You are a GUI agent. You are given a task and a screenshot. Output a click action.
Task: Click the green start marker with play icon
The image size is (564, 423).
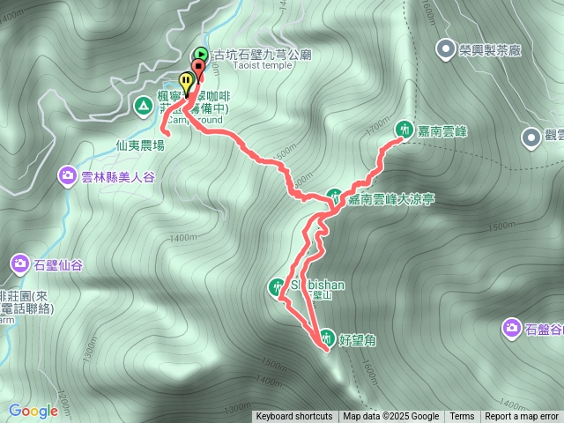[201, 55]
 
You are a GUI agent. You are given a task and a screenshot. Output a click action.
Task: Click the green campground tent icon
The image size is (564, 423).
[143, 107]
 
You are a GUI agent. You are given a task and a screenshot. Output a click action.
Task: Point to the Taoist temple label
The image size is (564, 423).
[233, 65]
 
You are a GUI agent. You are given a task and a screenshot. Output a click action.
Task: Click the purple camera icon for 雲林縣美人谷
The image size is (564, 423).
[68, 176]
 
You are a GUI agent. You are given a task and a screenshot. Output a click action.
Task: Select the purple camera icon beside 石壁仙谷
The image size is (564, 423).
[20, 263]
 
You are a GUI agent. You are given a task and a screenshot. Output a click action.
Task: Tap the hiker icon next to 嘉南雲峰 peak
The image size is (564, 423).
[404, 130]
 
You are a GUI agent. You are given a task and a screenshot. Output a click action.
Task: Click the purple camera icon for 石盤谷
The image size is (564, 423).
[511, 329]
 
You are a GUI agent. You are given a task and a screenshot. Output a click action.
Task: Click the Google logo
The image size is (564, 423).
[33, 411]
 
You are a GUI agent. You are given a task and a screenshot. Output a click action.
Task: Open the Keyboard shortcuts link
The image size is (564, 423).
[293, 417]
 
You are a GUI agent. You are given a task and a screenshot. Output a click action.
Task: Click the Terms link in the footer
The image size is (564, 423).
[462, 417]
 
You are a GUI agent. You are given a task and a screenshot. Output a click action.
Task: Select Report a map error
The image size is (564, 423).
[522, 417]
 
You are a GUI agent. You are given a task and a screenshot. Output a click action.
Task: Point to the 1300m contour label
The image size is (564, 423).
[235, 408]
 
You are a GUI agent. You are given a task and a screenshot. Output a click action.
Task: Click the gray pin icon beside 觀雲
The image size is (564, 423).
[531, 137]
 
